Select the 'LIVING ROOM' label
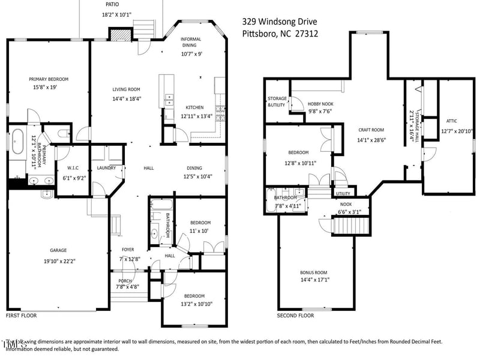[127, 89]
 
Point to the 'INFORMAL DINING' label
[191, 43]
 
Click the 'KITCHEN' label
[195, 107]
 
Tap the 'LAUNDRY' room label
[106, 168]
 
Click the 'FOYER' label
[128, 250]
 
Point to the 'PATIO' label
[112, 4]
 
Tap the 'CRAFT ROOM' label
[371, 130]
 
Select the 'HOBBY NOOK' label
[320, 103]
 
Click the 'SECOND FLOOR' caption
[295, 315]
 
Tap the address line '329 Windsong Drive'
[280, 20]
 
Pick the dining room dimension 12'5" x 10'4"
[201, 177]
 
